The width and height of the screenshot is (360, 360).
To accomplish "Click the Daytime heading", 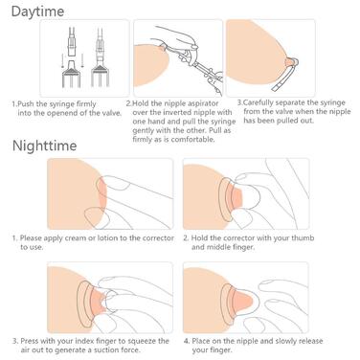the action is click(37, 11).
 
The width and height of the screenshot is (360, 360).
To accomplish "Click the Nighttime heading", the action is click(44, 146).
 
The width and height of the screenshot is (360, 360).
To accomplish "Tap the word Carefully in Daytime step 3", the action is click(258, 102).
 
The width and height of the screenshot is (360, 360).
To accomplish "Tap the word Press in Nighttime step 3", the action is click(30, 341).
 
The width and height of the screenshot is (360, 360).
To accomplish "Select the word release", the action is click(310, 341).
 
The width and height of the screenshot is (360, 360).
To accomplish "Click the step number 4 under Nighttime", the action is click(187, 341).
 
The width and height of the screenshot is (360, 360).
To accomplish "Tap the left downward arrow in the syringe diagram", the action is click(63, 61).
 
